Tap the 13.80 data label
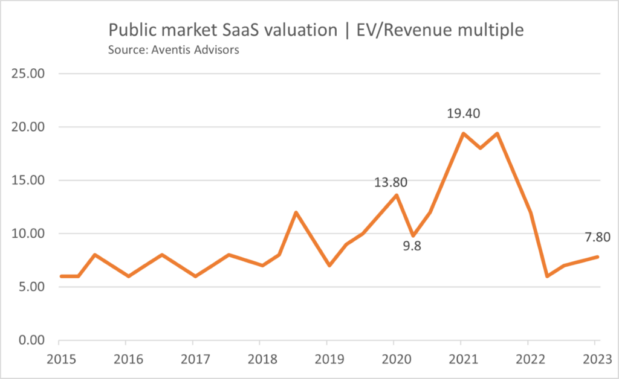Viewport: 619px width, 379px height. coord(390,182)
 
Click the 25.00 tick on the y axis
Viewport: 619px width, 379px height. coord(27,74)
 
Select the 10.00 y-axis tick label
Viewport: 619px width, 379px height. coord(27,234)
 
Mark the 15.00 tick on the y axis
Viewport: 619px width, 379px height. coord(27,180)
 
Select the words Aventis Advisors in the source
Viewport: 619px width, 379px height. coord(199,49)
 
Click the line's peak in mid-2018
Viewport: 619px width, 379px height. coord(296,212)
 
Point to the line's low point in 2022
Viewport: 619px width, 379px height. coord(546,276)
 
